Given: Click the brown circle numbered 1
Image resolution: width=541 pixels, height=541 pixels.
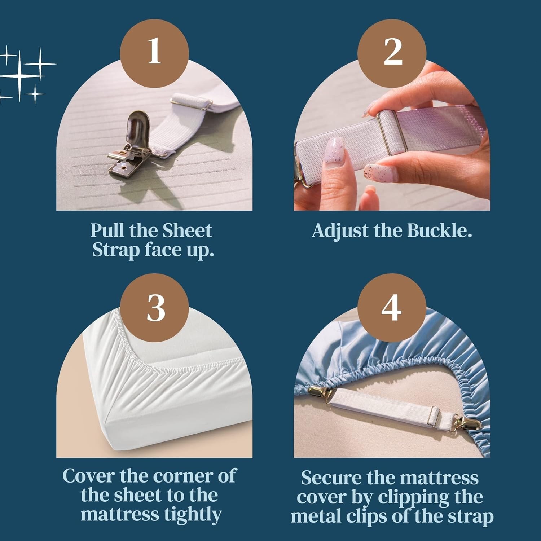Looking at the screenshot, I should (154, 53).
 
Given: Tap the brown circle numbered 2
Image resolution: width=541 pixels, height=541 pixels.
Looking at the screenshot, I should (392, 53).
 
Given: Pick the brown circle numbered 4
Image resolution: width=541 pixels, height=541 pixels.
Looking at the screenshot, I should (392, 308).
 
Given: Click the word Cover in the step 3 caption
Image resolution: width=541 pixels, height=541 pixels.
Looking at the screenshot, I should (89, 476).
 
